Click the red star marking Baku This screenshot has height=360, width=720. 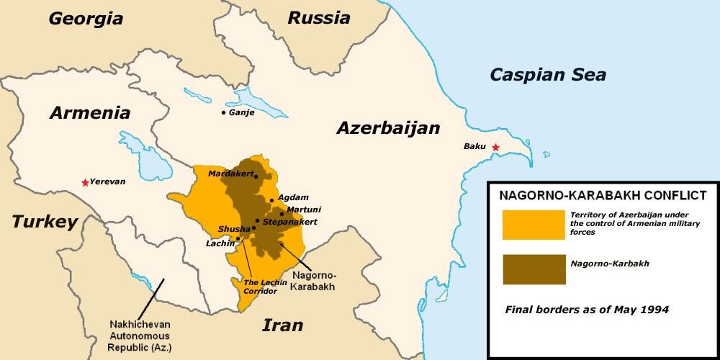coord(495,148)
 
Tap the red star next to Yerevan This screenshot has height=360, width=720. coord(86,182)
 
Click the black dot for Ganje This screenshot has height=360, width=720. coord(224,113)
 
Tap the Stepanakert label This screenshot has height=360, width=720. coord(290,222)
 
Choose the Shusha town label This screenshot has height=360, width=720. coord(234,229)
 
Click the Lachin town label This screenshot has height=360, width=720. coord(220,243)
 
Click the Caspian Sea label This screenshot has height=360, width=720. coord(548,74)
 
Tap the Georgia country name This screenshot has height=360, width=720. coord(86,19)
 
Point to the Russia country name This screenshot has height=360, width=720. coord(319,18)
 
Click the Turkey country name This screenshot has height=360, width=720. coord(45,222)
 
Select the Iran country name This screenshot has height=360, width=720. coord(282,325)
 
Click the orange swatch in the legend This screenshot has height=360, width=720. coord(533,225)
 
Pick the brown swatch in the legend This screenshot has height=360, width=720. coord(533,269)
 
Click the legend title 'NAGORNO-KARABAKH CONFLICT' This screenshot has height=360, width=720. coord(603,194)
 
